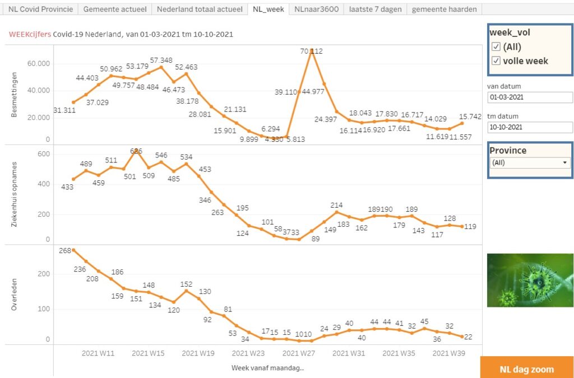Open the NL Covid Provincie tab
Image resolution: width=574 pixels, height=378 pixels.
[40, 10]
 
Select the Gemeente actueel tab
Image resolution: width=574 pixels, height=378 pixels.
[115, 10]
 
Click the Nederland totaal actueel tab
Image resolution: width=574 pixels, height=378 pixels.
[200, 10]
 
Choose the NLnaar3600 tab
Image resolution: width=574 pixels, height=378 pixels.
[317, 10]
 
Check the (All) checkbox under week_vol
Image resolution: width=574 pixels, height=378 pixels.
[496, 46]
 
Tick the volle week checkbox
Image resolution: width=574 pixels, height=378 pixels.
[496, 61]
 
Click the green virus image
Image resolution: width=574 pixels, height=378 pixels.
[530, 280]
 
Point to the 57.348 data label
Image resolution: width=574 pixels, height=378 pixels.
[161, 60]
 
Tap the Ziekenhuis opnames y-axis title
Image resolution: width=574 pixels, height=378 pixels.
[15, 195]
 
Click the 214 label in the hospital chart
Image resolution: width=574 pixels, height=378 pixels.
[336, 206]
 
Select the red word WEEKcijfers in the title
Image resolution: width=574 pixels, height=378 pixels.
[30, 34]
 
